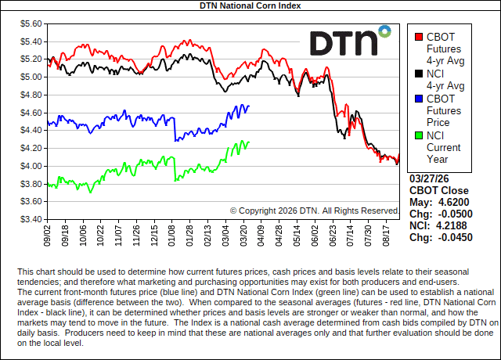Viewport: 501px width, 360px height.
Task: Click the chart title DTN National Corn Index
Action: click(250, 5)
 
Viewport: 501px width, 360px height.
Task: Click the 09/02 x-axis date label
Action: click(49, 235)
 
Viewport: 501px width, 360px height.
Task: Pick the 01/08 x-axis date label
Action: click(172, 235)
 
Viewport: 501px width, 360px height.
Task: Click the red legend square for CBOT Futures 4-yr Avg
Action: click(418, 36)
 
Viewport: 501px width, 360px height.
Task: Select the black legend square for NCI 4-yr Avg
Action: click(418, 74)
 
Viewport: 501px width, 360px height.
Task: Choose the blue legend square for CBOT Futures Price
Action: click(418, 99)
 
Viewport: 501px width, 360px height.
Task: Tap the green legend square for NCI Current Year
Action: click(418, 135)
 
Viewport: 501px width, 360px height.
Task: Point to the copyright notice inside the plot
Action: click(315, 210)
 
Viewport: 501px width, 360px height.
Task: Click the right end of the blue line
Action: click(249, 106)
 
